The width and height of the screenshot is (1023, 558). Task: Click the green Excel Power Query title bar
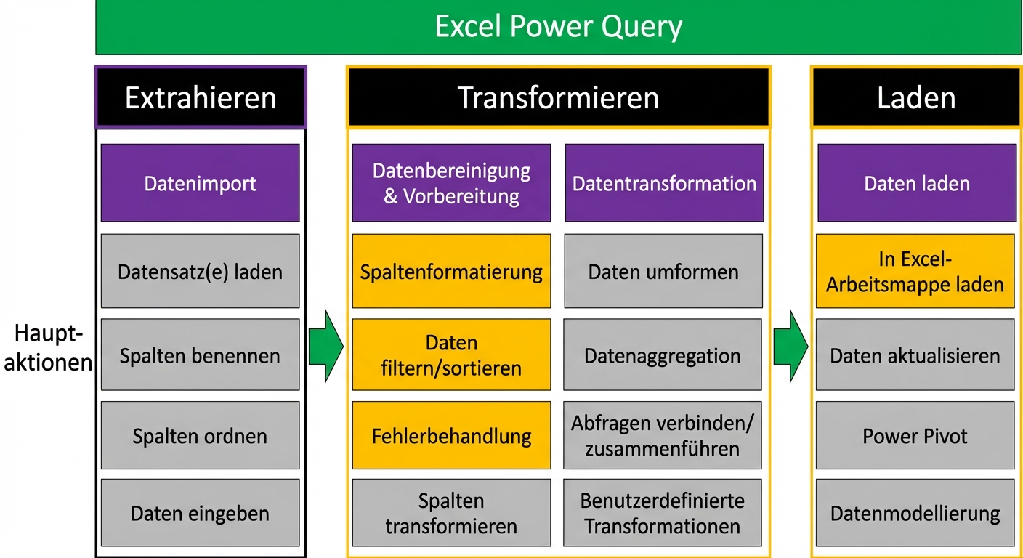tap(558, 28)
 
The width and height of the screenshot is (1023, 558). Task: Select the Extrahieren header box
tap(201, 97)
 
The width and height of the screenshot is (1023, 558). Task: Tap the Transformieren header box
tap(558, 97)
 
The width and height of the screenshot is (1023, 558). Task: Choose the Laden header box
tap(916, 97)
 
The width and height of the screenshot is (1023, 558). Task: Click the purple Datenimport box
tap(201, 183)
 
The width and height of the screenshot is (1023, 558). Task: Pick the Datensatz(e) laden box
tap(201, 272)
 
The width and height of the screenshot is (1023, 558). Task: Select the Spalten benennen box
tap(201, 355)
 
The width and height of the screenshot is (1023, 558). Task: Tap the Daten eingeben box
tap(201, 513)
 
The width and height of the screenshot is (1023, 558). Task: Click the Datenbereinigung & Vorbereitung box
tap(451, 183)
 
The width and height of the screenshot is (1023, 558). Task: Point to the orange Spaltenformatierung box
tap(451, 272)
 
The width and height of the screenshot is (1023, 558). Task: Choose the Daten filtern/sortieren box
tap(451, 355)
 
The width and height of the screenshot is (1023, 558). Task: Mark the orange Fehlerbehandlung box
tap(451, 436)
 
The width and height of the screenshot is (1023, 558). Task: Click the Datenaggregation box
tap(663, 355)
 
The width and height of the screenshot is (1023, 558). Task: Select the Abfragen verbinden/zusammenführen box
tap(663, 436)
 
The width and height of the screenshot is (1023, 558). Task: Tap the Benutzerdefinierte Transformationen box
tap(663, 513)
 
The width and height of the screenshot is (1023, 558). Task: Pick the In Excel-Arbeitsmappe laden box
tap(915, 272)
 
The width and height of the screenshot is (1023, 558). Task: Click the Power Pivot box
tap(915, 436)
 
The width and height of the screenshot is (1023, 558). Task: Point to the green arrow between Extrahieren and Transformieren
tap(325, 346)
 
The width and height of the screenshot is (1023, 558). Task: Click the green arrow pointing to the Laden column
tap(790, 346)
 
